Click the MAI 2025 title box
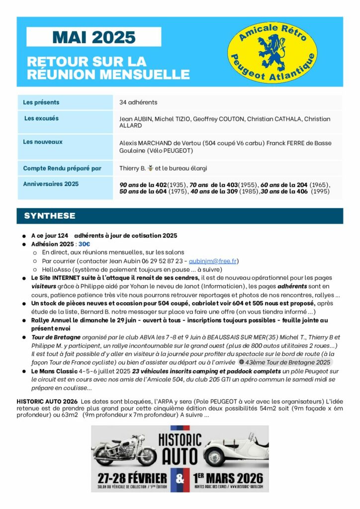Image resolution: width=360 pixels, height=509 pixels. [94, 37]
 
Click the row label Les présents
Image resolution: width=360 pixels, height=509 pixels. [41, 102]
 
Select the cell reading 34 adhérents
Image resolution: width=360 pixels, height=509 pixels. [138, 102]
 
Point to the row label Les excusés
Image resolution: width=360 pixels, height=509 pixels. [41, 119]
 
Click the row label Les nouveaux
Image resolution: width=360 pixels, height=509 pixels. [43, 142]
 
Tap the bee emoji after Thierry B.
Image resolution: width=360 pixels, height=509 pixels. [151, 169]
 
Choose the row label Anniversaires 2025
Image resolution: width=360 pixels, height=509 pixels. [51, 184]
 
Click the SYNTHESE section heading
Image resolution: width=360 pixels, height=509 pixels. [50, 216]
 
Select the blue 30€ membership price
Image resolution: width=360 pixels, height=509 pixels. [84, 244]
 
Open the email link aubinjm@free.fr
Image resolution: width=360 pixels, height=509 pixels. [213, 261]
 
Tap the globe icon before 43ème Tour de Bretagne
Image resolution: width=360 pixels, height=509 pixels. [241, 362]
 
